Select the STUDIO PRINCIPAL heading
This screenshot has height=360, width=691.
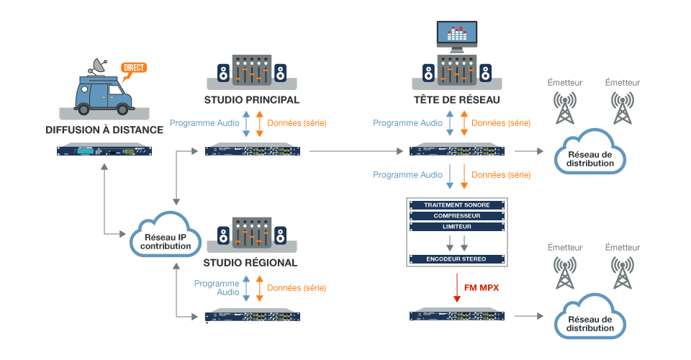251,99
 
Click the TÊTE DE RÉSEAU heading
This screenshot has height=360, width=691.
456,99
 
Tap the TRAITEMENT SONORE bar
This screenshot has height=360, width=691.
457,205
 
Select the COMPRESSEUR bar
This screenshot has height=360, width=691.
457,216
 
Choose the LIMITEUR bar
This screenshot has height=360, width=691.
457,227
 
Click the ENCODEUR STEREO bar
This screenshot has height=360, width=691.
457,258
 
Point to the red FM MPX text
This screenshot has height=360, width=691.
482,288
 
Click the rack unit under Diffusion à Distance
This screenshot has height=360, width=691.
105,150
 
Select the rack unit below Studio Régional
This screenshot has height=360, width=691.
253,316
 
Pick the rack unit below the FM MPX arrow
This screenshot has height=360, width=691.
457,316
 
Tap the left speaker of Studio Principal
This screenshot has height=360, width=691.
224,73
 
